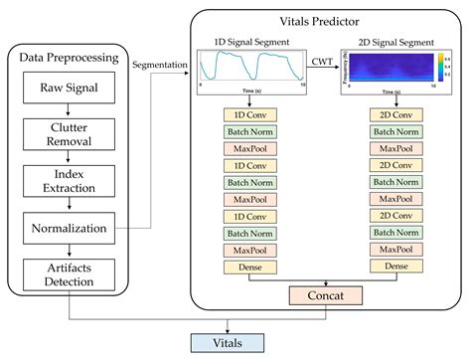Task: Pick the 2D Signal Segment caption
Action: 390,42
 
